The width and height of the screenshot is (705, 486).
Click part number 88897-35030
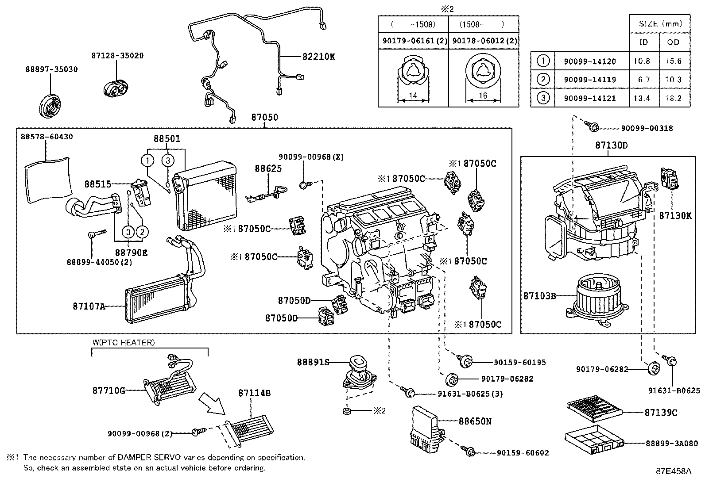pyautogui.click(x=51, y=69)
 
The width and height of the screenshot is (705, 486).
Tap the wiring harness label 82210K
pyautogui.click(x=319, y=57)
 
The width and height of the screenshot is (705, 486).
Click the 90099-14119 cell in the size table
pyautogui.click(x=589, y=80)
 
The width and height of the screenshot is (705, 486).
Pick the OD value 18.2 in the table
pyautogui.click(x=673, y=98)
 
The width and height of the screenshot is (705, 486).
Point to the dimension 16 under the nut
pyautogui.click(x=483, y=96)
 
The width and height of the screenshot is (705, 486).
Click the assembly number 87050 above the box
pyautogui.click(x=264, y=117)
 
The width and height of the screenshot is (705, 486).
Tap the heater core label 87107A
pyautogui.click(x=89, y=306)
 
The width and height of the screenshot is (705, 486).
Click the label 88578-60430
pyautogui.click(x=46, y=137)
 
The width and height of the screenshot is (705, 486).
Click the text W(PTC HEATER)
pyautogui.click(x=124, y=342)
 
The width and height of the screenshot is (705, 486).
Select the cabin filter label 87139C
pyautogui.click(x=661, y=412)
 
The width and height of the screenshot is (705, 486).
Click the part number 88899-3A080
pyautogui.click(x=671, y=443)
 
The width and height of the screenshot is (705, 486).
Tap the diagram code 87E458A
pyautogui.click(x=673, y=471)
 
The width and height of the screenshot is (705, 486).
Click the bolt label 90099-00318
pyautogui.click(x=647, y=128)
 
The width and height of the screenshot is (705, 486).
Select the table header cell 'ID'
pyautogui.click(x=643, y=42)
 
